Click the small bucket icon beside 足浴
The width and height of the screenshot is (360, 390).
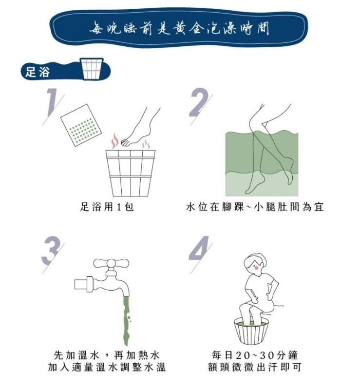(92, 68)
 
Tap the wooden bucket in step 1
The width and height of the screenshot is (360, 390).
(130, 172)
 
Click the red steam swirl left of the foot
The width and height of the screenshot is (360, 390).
(114, 141)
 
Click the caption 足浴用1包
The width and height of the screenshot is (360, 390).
(107, 207)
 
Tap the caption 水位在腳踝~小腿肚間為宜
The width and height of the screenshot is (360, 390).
(255, 207)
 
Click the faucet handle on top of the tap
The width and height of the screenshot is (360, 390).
(111, 264)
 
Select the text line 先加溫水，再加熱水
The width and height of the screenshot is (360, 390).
(107, 354)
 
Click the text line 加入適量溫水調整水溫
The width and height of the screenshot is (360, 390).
(107, 367)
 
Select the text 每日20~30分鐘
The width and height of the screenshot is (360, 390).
(255, 354)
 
